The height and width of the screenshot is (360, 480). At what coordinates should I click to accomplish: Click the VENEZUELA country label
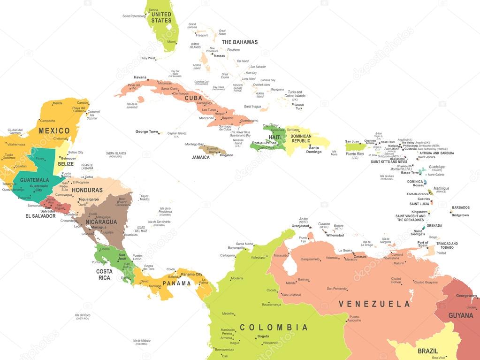tap(374, 304)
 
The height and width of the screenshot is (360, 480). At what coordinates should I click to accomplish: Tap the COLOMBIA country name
tap(274, 327)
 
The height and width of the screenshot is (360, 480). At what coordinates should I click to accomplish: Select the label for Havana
tap(140, 77)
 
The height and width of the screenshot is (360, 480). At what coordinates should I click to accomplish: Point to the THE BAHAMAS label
tap(239, 42)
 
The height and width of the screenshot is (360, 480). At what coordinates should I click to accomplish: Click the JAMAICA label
tap(200, 157)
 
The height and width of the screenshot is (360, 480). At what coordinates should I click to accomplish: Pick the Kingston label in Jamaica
tap(226, 155)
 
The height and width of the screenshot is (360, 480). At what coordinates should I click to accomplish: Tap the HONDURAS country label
tap(87, 190)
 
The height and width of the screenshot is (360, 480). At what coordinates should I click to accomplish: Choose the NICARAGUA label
tap(101, 222)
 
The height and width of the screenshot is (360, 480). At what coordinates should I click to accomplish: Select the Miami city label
tap(172, 42)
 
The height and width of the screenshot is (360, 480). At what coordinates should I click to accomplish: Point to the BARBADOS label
tap(460, 207)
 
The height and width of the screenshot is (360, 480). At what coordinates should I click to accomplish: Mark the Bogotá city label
tap(263, 336)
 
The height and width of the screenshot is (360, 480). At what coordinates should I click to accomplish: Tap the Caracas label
tap(360, 256)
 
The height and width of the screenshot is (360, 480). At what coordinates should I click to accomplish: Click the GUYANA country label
tap(460, 315)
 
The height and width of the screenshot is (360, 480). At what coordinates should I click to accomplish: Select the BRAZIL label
tap(427, 351)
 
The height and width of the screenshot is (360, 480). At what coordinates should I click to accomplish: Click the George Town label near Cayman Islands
tap(147, 132)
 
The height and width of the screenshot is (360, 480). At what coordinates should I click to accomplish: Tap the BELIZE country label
tap(66, 164)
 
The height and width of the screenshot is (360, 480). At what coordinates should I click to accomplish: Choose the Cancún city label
tap(83, 103)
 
